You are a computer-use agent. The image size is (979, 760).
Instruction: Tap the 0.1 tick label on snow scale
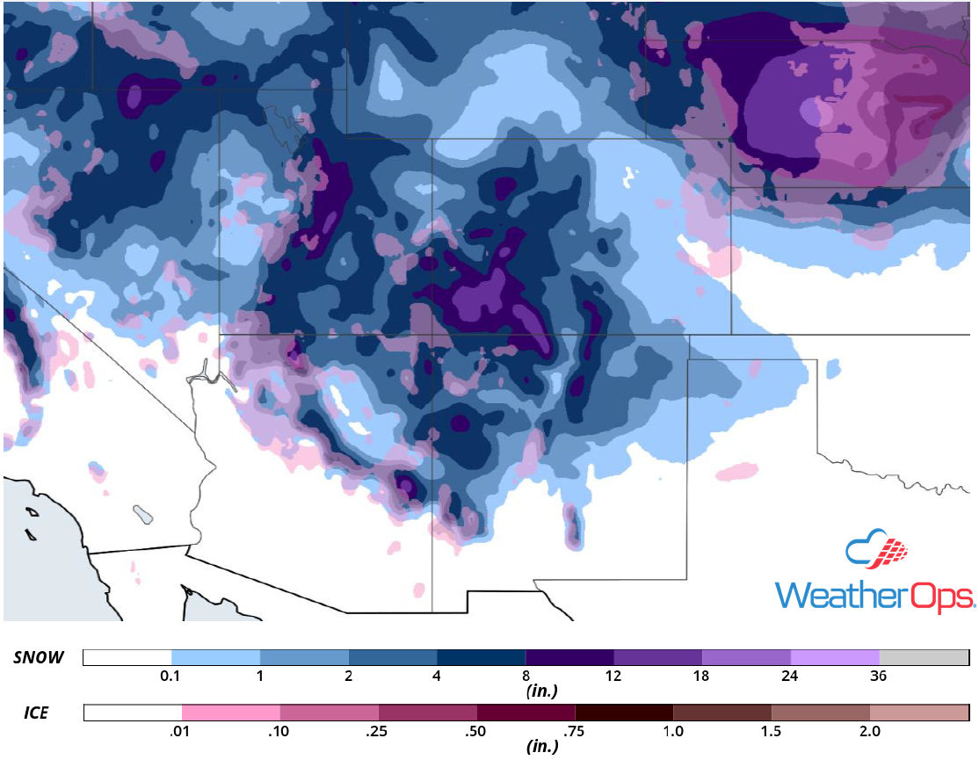[171, 677]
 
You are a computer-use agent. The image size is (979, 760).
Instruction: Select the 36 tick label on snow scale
[879, 677]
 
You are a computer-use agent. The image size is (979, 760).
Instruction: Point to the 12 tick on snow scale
[613, 677]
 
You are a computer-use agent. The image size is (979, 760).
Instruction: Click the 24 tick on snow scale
[790, 677]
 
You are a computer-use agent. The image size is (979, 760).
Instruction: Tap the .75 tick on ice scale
[575, 731]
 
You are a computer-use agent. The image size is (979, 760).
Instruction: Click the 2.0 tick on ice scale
[869, 731]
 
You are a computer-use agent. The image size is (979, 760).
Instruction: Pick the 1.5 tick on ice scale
[771, 731]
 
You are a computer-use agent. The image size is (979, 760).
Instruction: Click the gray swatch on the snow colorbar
[924, 658]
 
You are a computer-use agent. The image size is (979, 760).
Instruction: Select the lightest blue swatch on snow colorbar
[215, 658]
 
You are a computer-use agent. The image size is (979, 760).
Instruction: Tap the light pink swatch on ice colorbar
[231, 712]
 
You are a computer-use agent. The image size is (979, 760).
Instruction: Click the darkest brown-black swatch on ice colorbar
[624, 712]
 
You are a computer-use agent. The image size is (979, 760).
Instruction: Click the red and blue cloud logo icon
[875, 550]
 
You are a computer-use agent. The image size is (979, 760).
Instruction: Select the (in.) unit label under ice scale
[541, 748]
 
